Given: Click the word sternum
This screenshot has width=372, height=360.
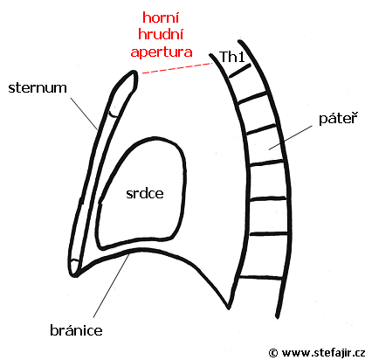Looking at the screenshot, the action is (x=38, y=87).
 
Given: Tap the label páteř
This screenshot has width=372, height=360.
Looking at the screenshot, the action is (x=338, y=118).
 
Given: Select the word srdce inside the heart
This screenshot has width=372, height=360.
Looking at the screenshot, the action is (x=145, y=193).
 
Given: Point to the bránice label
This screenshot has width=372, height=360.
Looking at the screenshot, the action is (x=76, y=330).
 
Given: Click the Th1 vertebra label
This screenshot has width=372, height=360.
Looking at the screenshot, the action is (x=232, y=57).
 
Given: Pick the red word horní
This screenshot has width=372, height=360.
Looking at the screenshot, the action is (x=161, y=17).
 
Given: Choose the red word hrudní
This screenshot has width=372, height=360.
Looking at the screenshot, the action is (x=161, y=34).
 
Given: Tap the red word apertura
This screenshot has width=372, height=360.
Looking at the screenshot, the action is (x=162, y=52).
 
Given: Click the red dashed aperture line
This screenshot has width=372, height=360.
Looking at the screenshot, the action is (x=177, y=68).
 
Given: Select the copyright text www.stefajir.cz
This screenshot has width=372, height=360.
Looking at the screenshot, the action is (x=323, y=353).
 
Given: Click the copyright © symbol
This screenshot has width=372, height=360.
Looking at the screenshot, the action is (x=273, y=353).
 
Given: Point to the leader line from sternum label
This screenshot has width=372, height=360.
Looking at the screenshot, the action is (x=84, y=113).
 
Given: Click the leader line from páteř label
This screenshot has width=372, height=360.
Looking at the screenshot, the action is (x=290, y=138).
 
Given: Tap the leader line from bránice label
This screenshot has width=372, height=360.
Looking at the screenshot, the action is (x=111, y=286).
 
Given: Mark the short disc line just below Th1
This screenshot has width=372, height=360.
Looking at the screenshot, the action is (x=240, y=71).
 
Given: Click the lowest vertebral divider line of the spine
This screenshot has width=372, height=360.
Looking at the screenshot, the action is (x=260, y=278).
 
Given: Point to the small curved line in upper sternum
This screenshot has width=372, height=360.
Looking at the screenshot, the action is (x=114, y=114).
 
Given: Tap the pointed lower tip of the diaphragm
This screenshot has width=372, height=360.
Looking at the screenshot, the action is (x=229, y=308).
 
